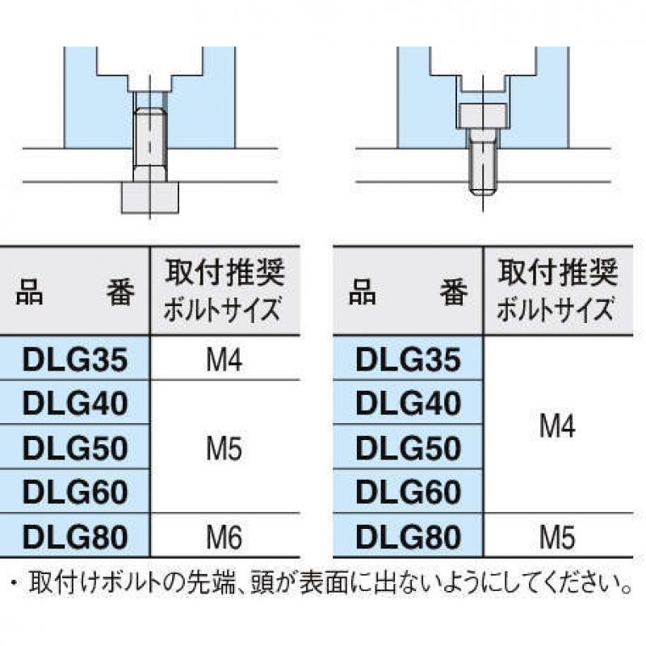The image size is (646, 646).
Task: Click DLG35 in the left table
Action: (75, 359)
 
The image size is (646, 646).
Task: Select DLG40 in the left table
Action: (75, 403)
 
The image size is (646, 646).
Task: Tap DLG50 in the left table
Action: (75, 448)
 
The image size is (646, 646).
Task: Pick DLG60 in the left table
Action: (75, 493)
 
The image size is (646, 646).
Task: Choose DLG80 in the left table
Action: (75, 537)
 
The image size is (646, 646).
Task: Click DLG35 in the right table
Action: (408, 359)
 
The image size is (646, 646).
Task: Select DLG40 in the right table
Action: (408, 403)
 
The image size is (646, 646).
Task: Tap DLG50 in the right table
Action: (408, 448)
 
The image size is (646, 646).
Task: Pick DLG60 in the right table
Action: (408, 493)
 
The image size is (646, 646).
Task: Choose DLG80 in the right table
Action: (408, 537)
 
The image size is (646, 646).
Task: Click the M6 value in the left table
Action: (224, 537)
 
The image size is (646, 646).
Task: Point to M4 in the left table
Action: (224, 359)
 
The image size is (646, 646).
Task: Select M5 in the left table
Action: (224, 448)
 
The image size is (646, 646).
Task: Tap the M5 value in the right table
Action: (557, 537)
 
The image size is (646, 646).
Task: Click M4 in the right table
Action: (557, 426)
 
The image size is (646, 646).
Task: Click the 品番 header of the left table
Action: (75, 292)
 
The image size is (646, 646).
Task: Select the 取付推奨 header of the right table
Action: (557, 272)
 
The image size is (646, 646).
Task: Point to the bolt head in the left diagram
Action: (150, 198)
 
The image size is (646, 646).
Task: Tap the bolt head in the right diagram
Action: (480, 115)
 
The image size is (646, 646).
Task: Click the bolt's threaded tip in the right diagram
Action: (482, 191)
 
